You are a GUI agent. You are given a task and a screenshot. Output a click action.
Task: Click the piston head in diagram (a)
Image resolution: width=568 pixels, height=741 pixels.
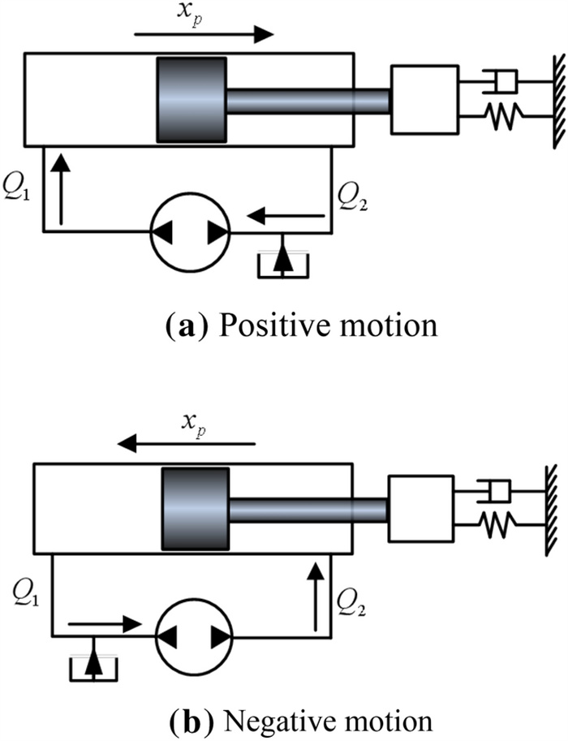(x=192, y=100)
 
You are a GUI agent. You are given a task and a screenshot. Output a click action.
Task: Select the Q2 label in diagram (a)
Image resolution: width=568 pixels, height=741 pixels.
(x=352, y=196)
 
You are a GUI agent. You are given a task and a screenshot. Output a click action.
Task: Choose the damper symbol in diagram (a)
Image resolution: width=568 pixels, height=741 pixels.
(x=500, y=81)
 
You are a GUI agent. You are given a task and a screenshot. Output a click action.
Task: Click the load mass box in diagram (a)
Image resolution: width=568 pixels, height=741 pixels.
(x=424, y=99)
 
